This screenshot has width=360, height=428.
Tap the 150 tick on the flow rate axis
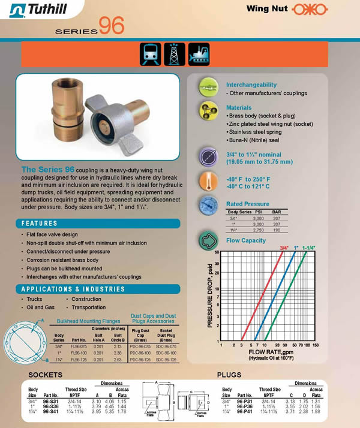tap(316, 346)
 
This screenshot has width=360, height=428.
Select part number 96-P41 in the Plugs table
tap(247, 411)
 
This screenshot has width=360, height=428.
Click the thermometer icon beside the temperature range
tap(208, 182)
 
